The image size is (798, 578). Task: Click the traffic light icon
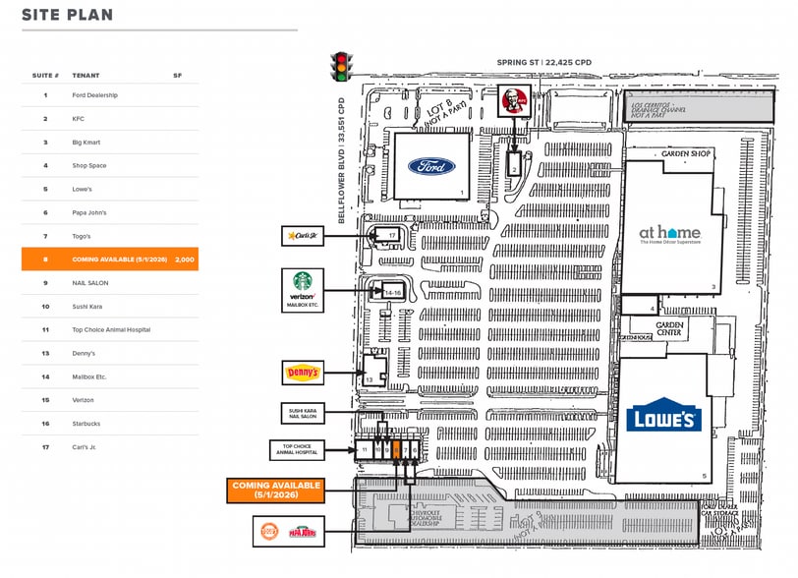click(341, 66)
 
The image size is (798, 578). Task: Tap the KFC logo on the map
click(512, 99)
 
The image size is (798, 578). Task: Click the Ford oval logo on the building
click(431, 166)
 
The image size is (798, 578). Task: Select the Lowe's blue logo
click(663, 415)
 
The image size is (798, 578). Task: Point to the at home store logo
click(670, 236)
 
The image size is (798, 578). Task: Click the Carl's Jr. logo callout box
click(303, 235)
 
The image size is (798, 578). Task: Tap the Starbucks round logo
click(303, 280)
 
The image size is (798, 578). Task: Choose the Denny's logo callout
click(303, 373)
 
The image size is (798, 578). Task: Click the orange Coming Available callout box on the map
click(277, 490)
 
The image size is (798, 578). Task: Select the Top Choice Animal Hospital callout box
click(296, 450)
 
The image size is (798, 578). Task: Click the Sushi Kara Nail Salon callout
click(303, 415)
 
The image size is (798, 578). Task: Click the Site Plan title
click(67, 15)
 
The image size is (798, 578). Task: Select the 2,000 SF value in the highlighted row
click(184, 260)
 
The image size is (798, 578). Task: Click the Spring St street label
click(544, 62)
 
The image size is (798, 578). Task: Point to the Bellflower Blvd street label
click(343, 160)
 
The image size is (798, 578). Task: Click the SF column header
click(178, 76)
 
